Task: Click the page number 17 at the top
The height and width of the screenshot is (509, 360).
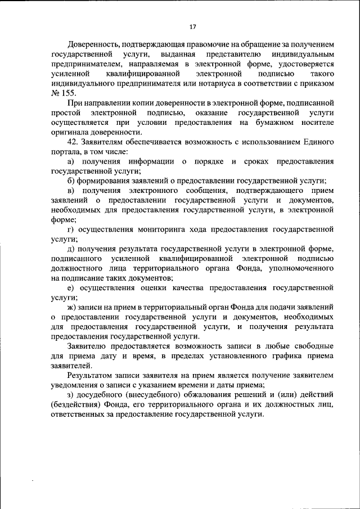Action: click(x=192, y=26)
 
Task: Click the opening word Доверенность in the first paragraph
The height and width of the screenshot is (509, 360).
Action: click(x=93, y=44)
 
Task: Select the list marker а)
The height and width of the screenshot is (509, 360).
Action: click(x=70, y=161)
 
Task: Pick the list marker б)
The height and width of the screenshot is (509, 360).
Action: click(x=70, y=181)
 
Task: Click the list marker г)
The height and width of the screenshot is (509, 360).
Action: click(x=70, y=229)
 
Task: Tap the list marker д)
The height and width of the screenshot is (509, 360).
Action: click(x=70, y=249)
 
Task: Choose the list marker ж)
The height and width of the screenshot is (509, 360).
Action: click(x=71, y=307)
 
